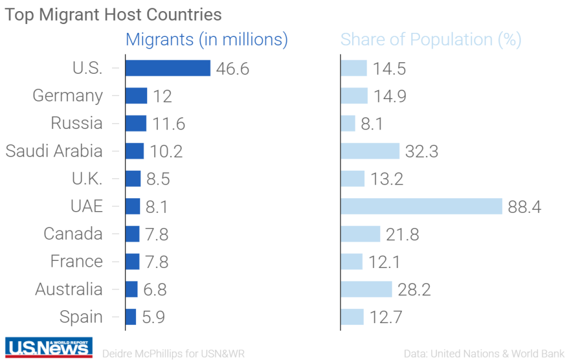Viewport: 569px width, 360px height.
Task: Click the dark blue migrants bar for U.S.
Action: [168, 68]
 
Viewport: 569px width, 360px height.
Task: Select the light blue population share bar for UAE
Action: [421, 206]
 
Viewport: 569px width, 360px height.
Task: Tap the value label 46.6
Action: [233, 69]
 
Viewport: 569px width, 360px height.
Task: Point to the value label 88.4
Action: [524, 207]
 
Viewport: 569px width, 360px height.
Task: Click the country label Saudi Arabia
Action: [54, 151]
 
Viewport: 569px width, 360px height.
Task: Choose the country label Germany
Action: [67, 96]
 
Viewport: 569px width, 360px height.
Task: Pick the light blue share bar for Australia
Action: [366, 289]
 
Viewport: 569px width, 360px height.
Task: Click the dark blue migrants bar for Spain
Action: [131, 317]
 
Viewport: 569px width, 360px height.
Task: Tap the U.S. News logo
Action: [49, 348]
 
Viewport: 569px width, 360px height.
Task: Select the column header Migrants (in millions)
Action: [207, 39]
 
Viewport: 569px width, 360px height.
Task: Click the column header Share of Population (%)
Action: [431, 39]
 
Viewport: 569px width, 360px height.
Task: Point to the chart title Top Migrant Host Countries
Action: [113, 15]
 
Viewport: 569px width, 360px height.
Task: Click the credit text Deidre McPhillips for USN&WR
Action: [173, 354]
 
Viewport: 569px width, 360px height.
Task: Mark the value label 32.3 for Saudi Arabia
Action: [422, 151]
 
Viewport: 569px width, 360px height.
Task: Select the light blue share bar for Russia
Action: [348, 123]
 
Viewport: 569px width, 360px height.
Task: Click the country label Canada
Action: [73, 234]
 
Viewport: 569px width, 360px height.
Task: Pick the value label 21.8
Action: [402, 235]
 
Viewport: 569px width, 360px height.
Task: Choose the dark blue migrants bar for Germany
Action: [136, 96]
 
